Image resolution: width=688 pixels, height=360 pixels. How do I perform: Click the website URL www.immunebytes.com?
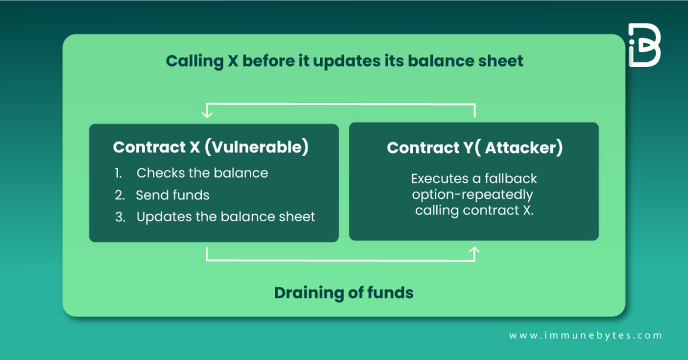585,335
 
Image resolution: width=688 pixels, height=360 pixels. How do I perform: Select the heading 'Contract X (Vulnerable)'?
211,147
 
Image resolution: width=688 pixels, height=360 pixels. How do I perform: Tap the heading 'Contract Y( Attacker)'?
475,148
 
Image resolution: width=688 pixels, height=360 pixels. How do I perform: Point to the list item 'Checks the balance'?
202,173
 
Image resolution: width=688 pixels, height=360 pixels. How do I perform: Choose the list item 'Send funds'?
172,195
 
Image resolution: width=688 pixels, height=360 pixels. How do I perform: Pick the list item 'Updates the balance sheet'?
226,216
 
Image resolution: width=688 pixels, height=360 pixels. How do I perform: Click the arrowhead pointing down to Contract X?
206,112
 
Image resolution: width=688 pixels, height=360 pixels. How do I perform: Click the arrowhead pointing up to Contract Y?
475,252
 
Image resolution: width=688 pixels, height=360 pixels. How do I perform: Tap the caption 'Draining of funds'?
343,292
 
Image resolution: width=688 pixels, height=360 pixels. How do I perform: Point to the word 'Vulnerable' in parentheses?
256,147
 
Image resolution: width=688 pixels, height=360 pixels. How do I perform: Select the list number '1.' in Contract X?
119,173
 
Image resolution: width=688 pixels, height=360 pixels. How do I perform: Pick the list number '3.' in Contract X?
120,216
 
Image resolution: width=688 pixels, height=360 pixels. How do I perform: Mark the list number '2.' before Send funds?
119,195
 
